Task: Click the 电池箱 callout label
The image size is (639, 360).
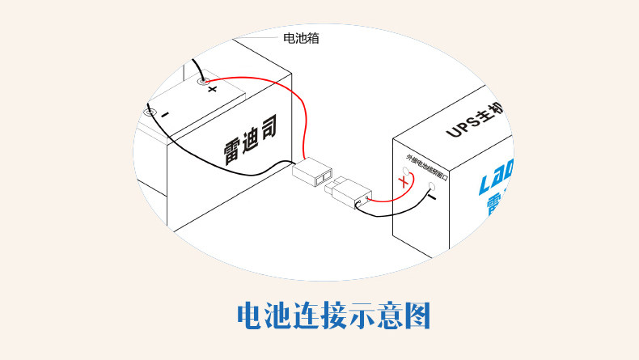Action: click(x=300, y=37)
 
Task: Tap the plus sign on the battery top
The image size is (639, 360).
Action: click(x=213, y=89)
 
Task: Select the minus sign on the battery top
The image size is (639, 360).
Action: click(x=164, y=115)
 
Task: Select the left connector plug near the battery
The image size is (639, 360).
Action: click(x=312, y=172)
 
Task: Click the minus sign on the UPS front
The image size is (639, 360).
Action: click(x=432, y=197)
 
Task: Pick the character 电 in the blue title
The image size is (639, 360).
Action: click(x=252, y=316)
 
